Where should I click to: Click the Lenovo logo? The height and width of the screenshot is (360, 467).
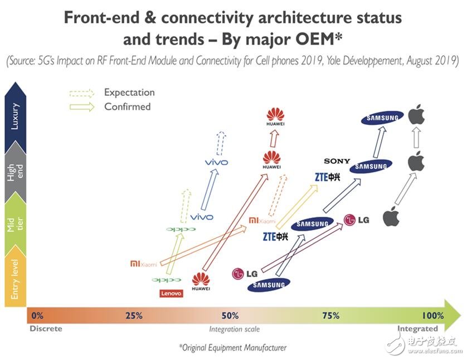(171, 293)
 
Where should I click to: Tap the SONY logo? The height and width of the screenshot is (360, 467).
(337, 161)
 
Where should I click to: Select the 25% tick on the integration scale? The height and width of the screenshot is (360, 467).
(134, 315)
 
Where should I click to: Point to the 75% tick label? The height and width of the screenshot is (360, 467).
(331, 315)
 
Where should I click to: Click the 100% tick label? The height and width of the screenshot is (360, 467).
(433, 315)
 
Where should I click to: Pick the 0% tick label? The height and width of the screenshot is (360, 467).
(37, 315)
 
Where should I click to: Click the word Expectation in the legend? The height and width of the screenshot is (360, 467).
(129, 93)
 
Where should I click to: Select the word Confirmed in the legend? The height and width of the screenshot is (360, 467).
(127, 106)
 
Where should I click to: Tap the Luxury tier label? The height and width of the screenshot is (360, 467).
(15, 116)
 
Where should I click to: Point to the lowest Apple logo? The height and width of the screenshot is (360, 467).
(392, 216)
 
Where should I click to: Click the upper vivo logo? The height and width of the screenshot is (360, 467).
(218, 162)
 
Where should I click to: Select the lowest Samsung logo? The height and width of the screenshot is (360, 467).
(269, 285)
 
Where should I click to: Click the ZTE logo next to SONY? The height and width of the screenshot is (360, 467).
(327, 178)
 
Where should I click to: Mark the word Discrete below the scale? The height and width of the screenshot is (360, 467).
(46, 328)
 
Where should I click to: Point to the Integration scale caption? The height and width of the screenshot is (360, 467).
(235, 329)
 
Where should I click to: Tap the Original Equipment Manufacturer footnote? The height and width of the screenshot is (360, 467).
(232, 347)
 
